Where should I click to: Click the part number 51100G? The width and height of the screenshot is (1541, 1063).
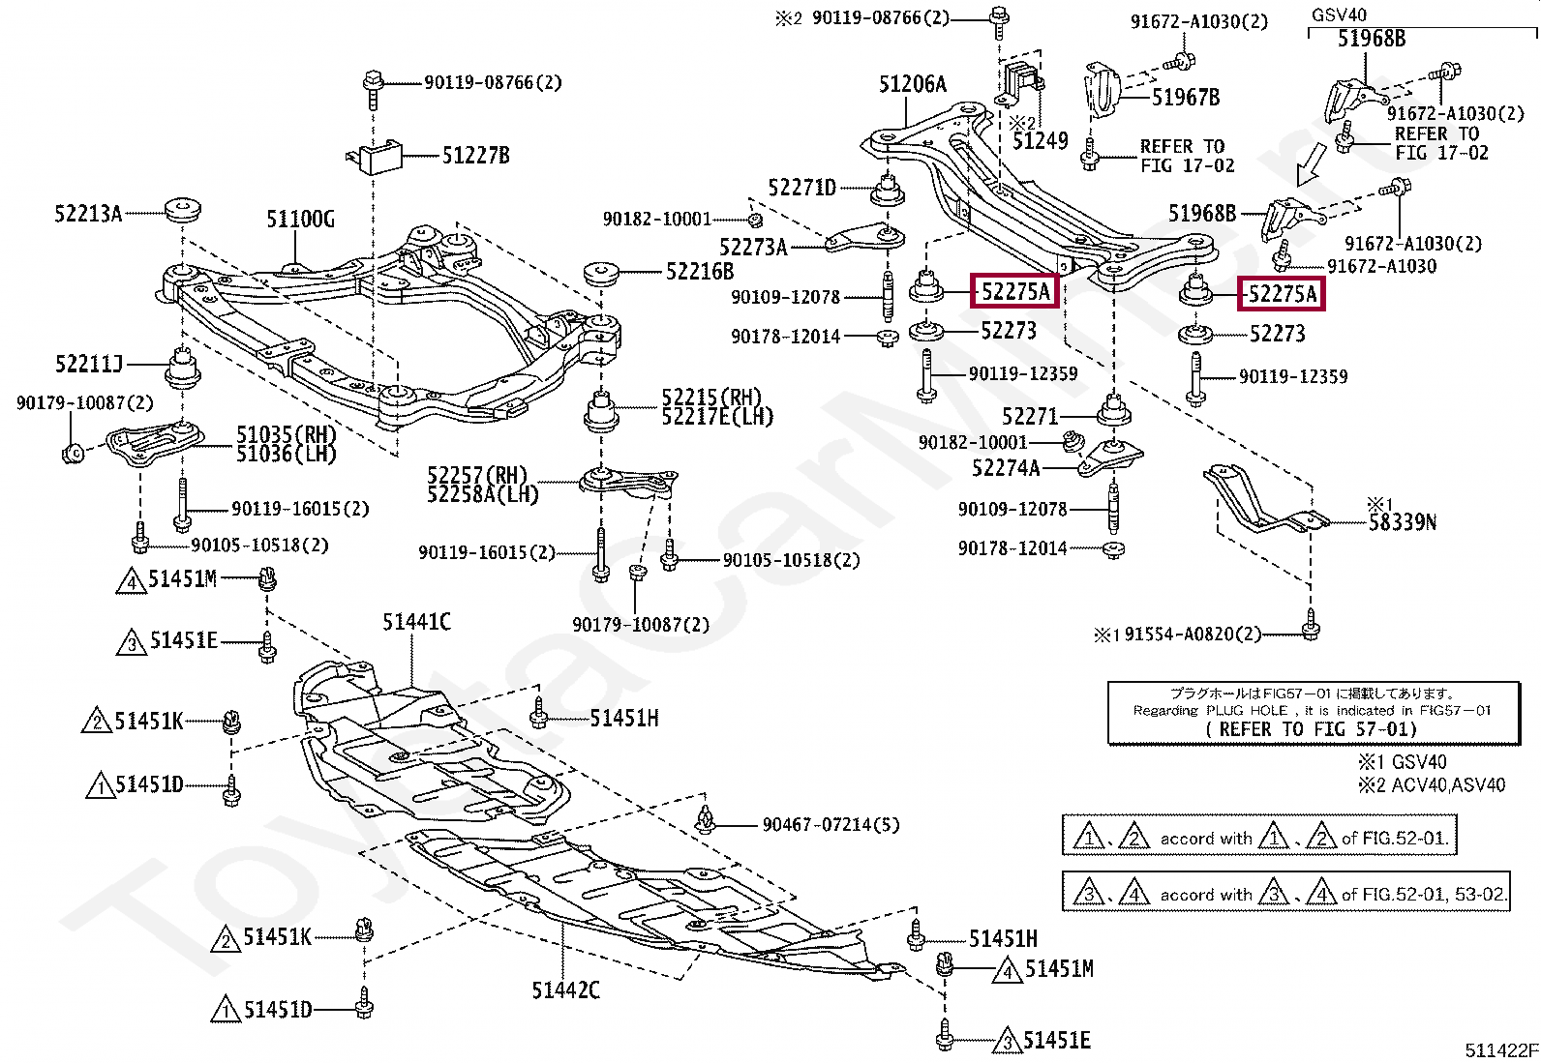point(301,220)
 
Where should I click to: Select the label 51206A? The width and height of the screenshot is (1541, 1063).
point(913,84)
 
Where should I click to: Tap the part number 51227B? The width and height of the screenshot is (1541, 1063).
point(475,156)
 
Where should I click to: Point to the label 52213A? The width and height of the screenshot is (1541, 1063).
point(88,214)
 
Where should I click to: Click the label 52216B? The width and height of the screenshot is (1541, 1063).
point(700,272)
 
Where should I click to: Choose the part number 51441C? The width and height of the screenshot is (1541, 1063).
point(417,622)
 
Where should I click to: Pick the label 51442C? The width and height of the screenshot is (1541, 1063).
point(566,990)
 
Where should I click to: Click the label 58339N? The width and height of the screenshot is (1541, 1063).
point(1402,522)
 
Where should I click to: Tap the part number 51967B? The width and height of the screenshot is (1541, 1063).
point(1186,98)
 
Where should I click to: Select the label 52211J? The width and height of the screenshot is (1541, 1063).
point(89,364)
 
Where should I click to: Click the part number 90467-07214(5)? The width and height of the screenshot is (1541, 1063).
point(831,824)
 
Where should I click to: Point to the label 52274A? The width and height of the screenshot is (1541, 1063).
point(1006,468)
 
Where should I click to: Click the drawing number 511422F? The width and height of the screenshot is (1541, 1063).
point(1501,1050)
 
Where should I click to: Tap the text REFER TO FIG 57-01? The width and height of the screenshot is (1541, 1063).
point(1312,729)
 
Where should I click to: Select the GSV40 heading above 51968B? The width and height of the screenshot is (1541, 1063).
point(1339,15)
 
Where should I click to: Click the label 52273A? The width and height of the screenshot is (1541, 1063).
point(753,247)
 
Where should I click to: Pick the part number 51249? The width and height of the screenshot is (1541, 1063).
point(1041,141)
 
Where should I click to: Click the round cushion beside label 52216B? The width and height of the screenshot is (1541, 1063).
point(601,273)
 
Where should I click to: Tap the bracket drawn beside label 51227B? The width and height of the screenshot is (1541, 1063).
point(375,158)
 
